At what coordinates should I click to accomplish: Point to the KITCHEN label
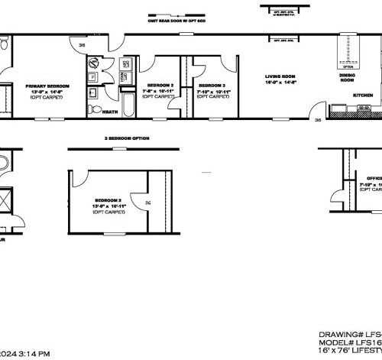pyautogui.click(x=363, y=94)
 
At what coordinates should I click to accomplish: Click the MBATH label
pyautogui.click(x=109, y=112)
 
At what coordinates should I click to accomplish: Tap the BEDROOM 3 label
pyautogui.click(x=210, y=85)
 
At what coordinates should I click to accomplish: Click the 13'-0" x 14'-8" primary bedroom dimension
pyautogui.click(x=47, y=92)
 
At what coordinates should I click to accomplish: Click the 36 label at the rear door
pyautogui.click(x=82, y=46)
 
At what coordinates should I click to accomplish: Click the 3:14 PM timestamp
pyautogui.click(x=35, y=354)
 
